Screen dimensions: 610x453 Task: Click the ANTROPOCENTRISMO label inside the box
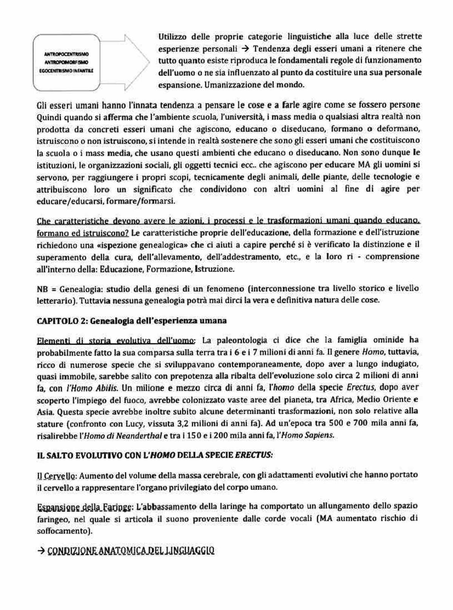click(66, 54)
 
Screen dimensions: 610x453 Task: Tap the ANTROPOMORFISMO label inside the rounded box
click(66, 62)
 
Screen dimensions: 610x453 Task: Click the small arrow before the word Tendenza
click(245, 48)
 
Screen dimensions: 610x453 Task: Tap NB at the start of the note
click(42, 289)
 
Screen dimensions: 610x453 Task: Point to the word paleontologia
click(242, 340)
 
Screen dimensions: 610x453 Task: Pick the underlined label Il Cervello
click(57, 475)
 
